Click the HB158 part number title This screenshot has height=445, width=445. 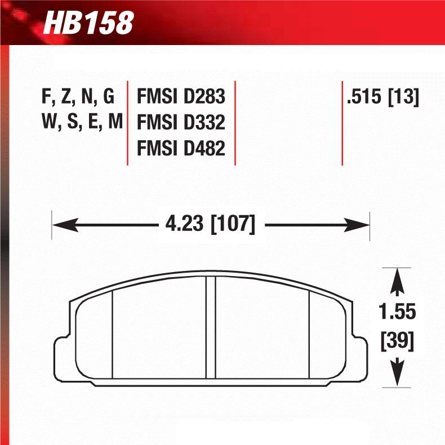88,23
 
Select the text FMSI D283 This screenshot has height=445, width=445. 181,97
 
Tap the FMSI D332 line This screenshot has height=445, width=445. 181,122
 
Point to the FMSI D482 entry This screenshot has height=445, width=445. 181,148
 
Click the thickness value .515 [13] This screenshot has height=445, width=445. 383,97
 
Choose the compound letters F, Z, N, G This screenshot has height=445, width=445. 78,97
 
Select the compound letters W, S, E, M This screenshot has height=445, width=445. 82,122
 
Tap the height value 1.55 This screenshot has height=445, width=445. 398,311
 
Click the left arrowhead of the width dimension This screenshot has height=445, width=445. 62,225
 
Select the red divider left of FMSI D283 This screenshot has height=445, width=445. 128,123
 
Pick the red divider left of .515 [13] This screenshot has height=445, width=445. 342,123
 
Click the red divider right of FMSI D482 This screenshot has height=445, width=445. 235,123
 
